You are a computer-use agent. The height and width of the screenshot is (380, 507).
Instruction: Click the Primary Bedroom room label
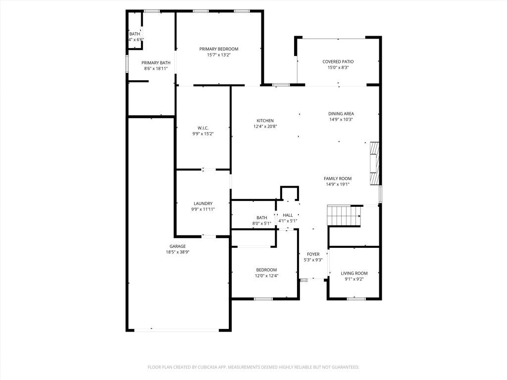219,49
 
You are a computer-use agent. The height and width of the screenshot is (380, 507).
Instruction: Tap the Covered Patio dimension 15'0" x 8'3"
338,68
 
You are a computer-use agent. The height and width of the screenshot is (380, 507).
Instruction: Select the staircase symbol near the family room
344,216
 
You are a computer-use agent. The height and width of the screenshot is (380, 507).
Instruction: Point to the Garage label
177,246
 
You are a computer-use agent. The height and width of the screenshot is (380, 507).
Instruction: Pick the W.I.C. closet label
203,128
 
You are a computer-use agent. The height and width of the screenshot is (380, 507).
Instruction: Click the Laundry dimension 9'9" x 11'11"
203,209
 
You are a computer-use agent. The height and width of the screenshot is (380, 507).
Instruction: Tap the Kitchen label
265,121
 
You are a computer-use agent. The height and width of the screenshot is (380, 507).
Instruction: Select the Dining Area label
341,113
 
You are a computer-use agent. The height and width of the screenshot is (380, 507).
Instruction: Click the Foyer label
313,254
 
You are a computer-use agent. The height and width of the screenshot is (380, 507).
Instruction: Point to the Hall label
288,215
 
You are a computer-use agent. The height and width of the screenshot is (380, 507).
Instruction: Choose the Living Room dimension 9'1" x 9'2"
354,279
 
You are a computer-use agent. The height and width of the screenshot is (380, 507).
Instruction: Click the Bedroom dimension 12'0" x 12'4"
266,276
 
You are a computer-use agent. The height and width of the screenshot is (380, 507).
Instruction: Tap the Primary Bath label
156,63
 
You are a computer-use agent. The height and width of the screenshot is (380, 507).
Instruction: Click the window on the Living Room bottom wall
356,298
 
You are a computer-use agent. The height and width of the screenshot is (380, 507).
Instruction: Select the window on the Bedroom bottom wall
263,298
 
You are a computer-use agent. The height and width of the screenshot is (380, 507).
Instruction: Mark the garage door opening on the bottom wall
177,330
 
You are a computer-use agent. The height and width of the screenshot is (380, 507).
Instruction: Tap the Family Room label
338,178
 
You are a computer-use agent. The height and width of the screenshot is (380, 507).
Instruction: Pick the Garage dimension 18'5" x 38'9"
177,252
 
